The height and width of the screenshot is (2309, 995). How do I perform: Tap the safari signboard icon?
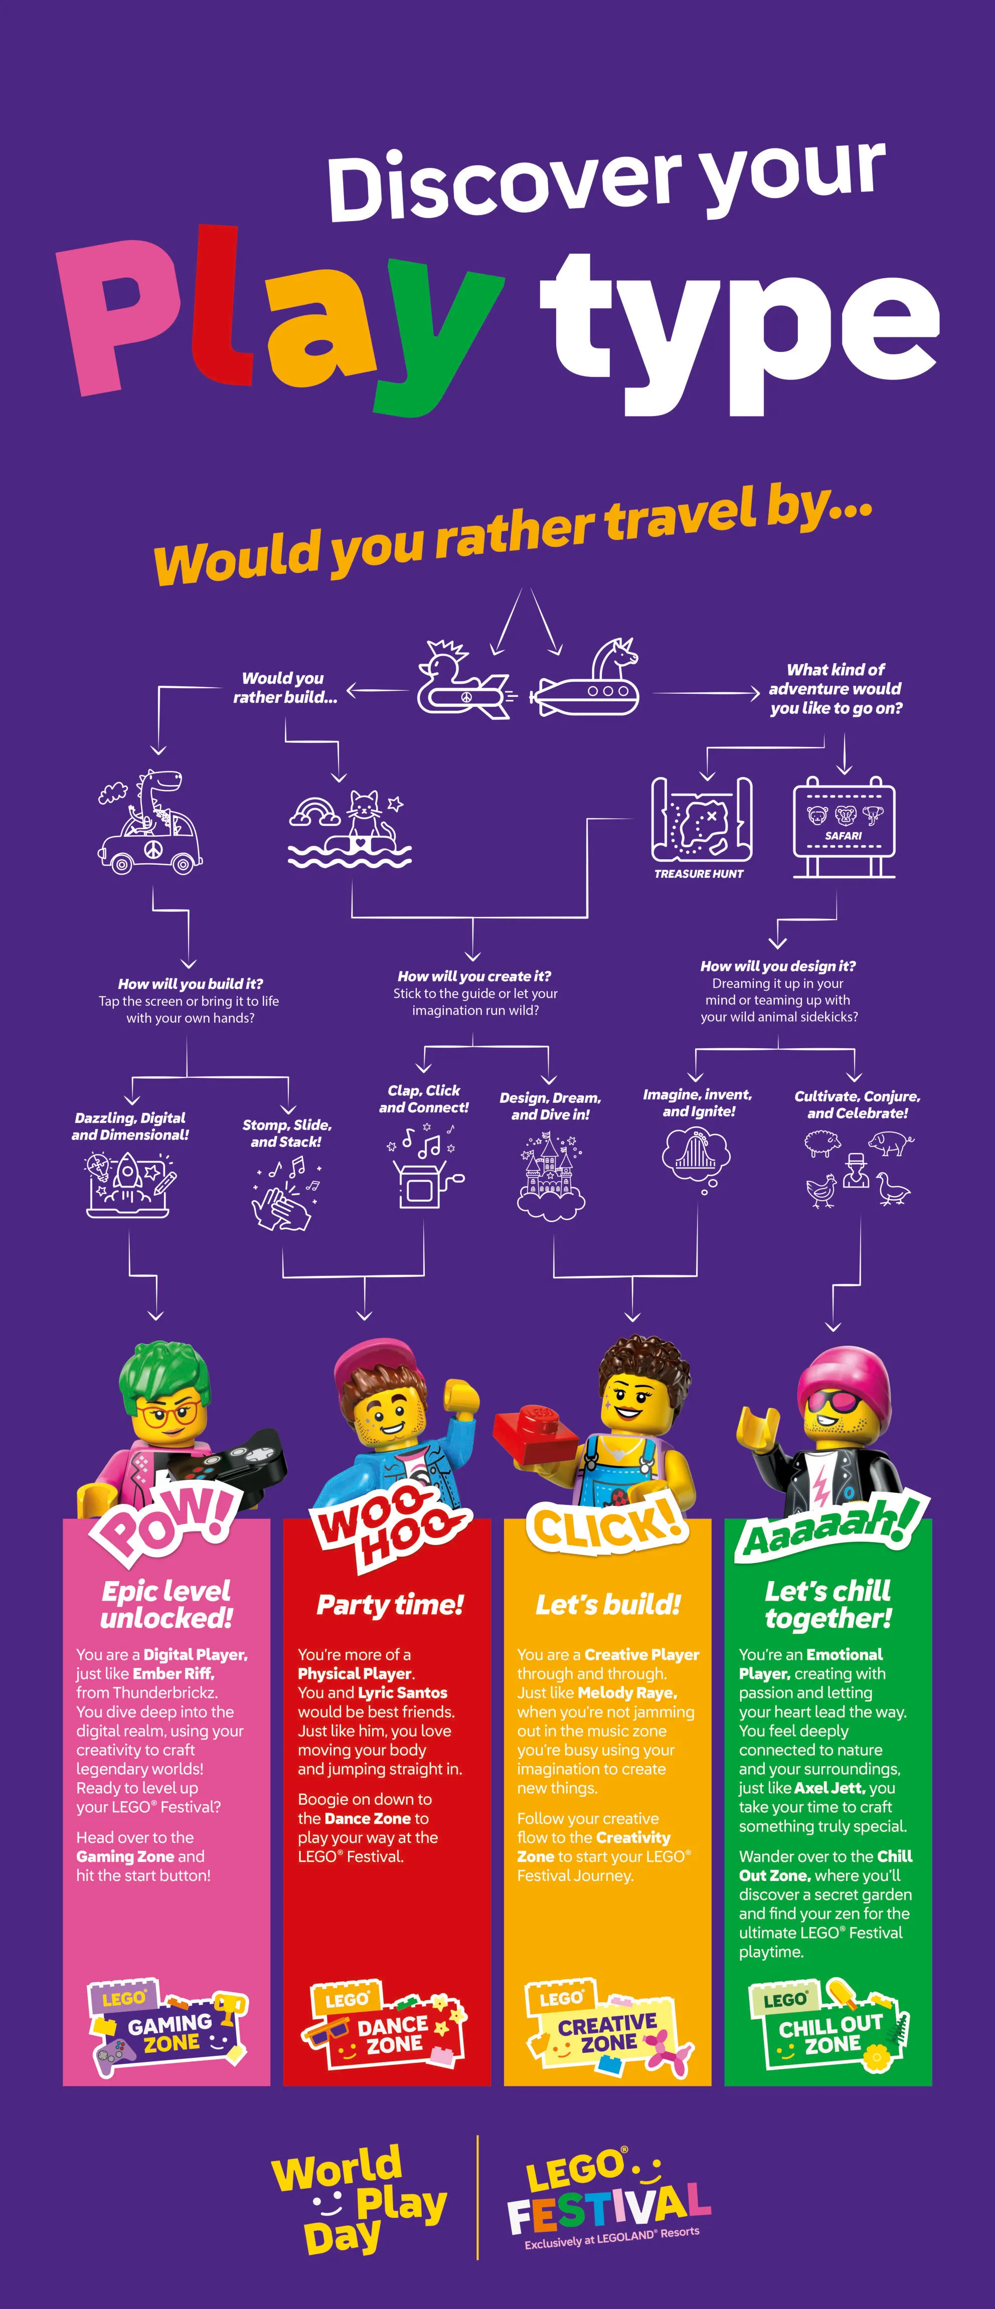click(844, 825)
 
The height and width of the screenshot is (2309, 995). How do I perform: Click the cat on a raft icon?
click(350, 829)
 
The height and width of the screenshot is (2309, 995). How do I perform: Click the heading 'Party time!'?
click(390, 1605)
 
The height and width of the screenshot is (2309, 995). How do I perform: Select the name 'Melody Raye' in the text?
click(626, 1692)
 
